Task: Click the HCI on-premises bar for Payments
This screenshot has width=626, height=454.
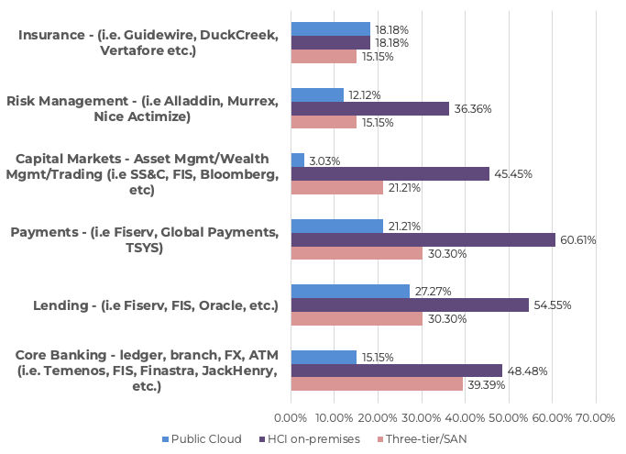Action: (x=423, y=239)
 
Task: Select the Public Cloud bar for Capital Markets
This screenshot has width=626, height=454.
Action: (x=297, y=161)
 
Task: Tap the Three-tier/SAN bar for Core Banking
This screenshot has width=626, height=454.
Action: (x=377, y=384)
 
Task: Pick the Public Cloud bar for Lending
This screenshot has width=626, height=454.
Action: (x=350, y=292)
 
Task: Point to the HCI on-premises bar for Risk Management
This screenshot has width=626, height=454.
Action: (x=369, y=108)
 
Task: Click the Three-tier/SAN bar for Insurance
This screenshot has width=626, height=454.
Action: (x=324, y=57)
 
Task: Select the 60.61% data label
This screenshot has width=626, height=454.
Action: (x=577, y=240)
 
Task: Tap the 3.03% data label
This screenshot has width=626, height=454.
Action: (x=324, y=161)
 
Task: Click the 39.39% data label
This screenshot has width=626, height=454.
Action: (x=486, y=385)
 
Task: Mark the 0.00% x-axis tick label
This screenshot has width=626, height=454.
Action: (x=291, y=418)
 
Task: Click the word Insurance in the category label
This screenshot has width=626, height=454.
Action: (x=50, y=35)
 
